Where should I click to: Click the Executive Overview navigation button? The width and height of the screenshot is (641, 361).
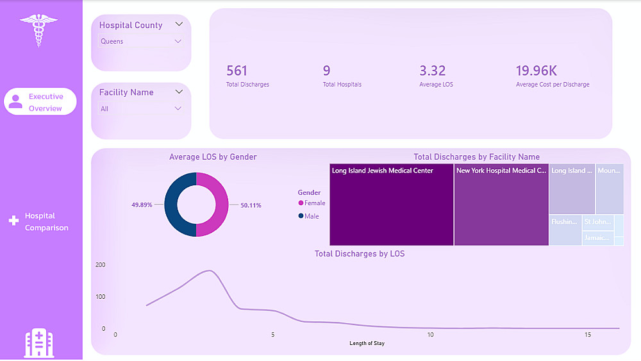coord(40,102)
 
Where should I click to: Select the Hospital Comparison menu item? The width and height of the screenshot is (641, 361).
coord(40,222)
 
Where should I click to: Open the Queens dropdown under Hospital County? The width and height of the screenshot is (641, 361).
coord(141,41)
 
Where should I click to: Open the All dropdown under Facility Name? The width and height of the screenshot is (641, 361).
coord(141,108)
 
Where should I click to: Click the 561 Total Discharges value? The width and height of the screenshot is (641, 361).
coord(237,71)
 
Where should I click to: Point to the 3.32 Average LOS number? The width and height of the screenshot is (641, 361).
coord(432,71)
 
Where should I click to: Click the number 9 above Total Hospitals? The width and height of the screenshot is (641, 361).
coord(327,71)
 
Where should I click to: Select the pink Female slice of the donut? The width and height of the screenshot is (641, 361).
coord(221,205)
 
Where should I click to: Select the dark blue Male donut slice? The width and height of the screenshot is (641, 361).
coord(171,205)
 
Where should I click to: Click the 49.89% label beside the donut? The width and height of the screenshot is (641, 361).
coord(142,205)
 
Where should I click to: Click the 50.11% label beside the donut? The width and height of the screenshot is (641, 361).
coord(251,205)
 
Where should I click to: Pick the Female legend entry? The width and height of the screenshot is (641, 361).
coord(312,203)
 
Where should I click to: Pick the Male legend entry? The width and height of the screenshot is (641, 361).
coord(308,217)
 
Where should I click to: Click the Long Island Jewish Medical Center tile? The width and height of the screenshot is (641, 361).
coord(391,205)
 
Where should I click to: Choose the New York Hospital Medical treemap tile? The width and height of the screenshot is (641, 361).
coord(501,205)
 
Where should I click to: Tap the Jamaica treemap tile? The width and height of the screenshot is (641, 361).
coord(597,238)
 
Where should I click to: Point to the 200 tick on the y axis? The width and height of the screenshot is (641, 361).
coord(100,265)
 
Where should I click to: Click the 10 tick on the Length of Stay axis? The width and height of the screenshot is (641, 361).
coord(431,335)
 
